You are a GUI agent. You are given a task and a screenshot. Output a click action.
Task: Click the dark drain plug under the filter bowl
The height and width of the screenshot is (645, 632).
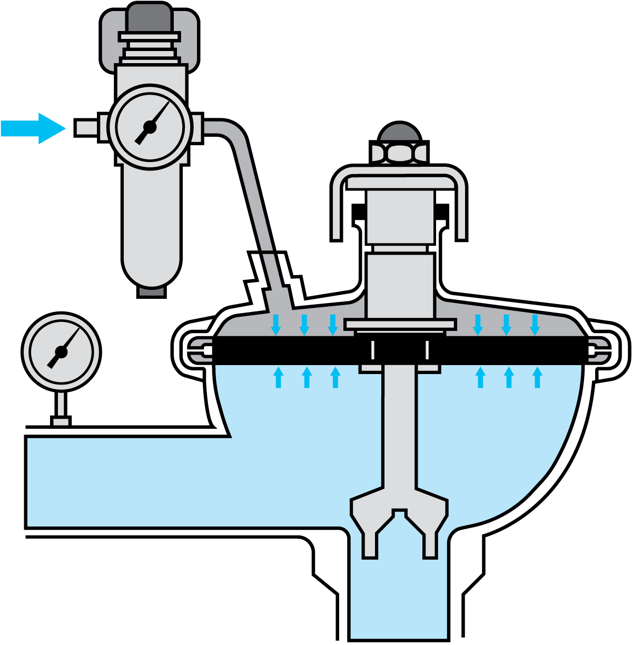[152, 291]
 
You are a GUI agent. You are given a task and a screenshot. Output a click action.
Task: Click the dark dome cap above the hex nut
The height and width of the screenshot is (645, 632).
[400, 133]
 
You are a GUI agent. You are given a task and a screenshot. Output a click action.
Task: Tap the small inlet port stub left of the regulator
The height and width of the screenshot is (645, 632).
[87, 128]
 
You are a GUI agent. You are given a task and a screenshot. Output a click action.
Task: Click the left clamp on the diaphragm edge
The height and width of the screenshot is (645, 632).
[201, 350]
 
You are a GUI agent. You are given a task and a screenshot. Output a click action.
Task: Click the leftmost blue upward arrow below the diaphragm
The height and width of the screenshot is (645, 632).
[279, 378]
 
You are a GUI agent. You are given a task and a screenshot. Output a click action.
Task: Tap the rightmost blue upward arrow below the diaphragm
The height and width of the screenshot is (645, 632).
[537, 378]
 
